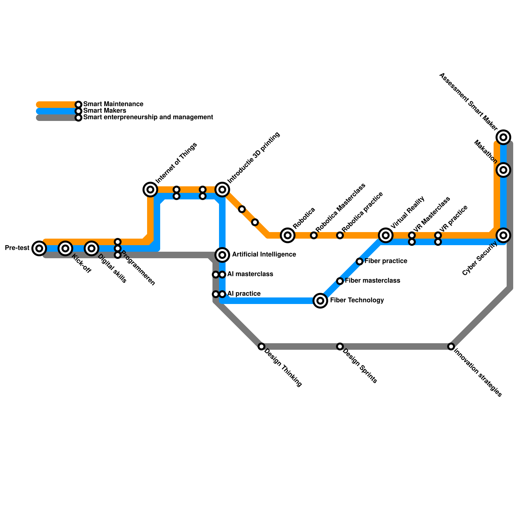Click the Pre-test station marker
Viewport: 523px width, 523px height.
(x=39, y=248)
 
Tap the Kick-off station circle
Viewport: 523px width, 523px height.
(x=65, y=248)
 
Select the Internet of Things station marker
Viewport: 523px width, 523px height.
(x=150, y=189)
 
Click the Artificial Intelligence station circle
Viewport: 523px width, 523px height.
(x=222, y=255)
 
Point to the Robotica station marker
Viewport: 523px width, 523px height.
(x=288, y=235)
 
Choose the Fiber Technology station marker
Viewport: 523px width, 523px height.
(x=320, y=300)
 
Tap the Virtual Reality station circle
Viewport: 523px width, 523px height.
(x=386, y=235)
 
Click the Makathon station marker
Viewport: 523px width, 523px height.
(x=503, y=170)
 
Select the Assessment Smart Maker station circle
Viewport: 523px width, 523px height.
(x=503, y=137)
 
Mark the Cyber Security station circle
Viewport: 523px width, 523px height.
(x=503, y=235)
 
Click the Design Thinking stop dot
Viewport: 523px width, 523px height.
(x=261, y=346)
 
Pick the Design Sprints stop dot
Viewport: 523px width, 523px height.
(x=340, y=346)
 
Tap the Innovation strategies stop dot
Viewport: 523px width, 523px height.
(x=451, y=346)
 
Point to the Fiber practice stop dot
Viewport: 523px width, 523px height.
(x=360, y=261)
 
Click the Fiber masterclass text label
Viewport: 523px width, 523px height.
(x=372, y=281)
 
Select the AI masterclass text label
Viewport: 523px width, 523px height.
(x=250, y=274)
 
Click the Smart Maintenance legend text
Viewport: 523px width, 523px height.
(x=113, y=104)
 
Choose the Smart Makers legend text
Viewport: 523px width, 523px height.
(x=105, y=111)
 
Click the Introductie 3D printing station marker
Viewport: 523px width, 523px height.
(x=222, y=189)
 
